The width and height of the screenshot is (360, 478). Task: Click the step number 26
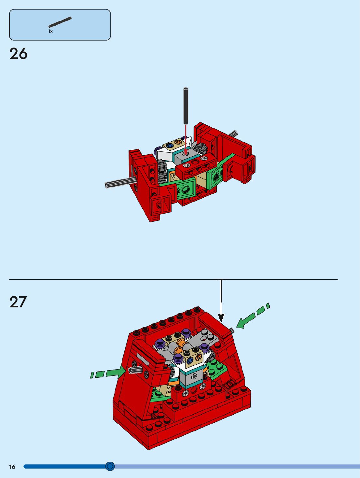point(19,54)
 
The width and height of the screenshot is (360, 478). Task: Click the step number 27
point(18,302)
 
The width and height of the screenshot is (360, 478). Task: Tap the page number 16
point(12,467)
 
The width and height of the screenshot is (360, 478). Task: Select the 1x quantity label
point(50,31)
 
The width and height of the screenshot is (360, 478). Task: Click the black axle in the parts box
point(60,22)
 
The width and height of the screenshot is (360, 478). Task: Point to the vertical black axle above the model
point(186,106)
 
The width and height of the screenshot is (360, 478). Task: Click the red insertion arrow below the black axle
point(186,139)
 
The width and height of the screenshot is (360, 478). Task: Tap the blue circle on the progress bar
point(110,466)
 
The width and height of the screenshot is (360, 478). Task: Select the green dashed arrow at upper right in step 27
point(253,315)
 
